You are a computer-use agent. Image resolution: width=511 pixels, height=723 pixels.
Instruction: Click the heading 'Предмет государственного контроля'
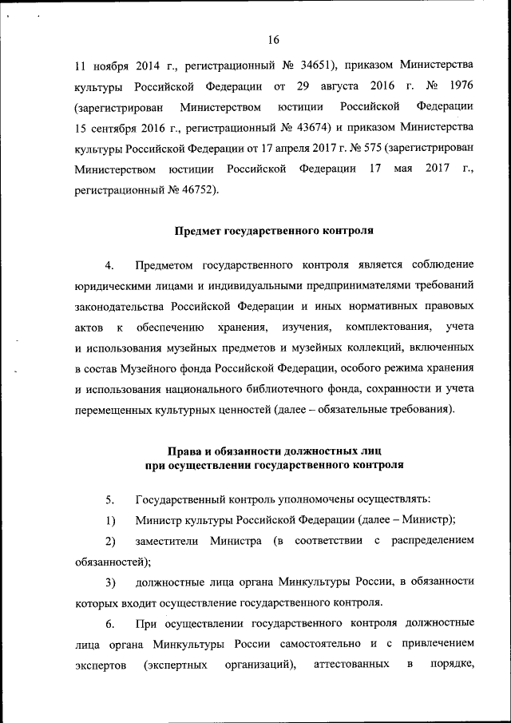[274, 232]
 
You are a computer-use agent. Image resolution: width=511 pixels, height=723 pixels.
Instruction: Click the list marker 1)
[110, 520]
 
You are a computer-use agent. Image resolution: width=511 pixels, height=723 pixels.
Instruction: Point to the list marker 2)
[110, 541]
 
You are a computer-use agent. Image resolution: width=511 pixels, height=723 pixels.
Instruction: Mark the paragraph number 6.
[110, 623]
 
